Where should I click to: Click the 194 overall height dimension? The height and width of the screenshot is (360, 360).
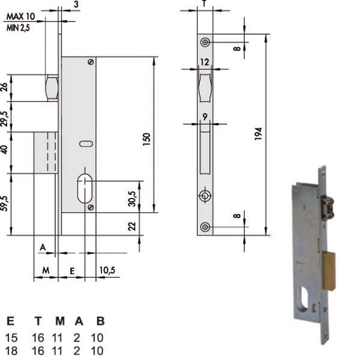(258, 134)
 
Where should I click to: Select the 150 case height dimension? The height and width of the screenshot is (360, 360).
(146, 139)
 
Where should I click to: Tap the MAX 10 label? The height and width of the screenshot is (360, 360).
(20, 17)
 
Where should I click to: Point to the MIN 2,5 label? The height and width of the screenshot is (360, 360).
(18, 28)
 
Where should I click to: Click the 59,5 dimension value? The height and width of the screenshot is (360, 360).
(5, 203)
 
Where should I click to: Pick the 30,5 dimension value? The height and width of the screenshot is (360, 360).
(132, 199)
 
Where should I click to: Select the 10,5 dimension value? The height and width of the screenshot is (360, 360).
(107, 270)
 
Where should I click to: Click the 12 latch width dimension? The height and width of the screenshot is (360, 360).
(205, 62)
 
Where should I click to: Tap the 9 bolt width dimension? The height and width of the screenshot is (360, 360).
(205, 117)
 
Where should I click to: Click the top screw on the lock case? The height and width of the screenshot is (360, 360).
(91, 62)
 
